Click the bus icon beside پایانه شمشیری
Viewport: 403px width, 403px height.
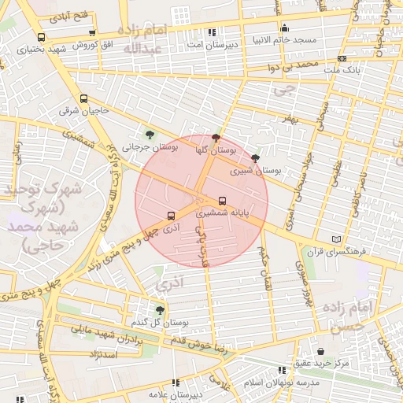(222, 201)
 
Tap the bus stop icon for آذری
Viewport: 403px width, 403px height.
(172, 215)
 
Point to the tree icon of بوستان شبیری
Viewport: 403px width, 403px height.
(254, 157)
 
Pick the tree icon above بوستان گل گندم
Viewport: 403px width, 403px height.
(161, 310)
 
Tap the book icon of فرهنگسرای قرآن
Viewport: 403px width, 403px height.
(338, 238)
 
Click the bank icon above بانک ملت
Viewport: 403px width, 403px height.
(341, 58)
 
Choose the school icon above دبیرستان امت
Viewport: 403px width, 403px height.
(212, 32)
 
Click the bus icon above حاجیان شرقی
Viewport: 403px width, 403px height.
(84, 98)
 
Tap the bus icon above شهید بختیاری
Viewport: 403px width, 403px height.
(41, 37)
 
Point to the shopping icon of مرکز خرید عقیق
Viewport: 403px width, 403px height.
(320, 351)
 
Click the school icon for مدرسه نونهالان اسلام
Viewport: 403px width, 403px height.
(283, 369)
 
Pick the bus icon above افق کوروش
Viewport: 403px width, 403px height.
(93, 33)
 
